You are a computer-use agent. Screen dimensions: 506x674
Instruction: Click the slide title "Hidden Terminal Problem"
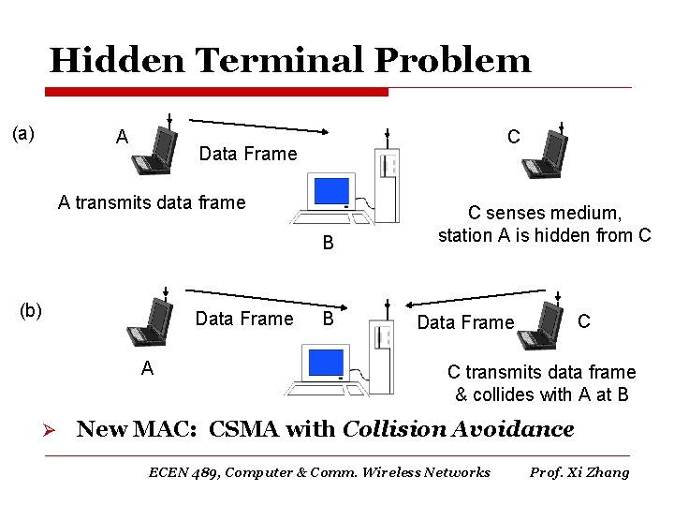coord(289,61)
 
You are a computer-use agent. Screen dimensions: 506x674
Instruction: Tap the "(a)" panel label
coord(23,133)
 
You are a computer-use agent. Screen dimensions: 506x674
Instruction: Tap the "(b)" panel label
coord(32,310)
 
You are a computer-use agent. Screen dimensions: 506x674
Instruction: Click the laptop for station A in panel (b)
coord(150,324)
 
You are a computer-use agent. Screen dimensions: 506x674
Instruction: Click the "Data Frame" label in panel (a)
coord(248,154)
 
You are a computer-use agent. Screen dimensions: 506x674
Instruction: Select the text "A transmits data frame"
coord(152,201)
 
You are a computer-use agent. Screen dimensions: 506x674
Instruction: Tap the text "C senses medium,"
coord(544,213)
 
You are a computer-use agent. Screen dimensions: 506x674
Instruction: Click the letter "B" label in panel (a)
coord(329,245)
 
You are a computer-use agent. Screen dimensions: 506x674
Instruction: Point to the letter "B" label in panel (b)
coord(329,319)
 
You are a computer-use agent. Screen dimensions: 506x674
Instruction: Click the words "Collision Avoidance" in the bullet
coord(459,430)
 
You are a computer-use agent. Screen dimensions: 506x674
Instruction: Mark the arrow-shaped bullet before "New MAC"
coord(53,431)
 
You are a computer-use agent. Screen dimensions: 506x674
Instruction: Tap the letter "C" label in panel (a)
coord(514,137)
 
